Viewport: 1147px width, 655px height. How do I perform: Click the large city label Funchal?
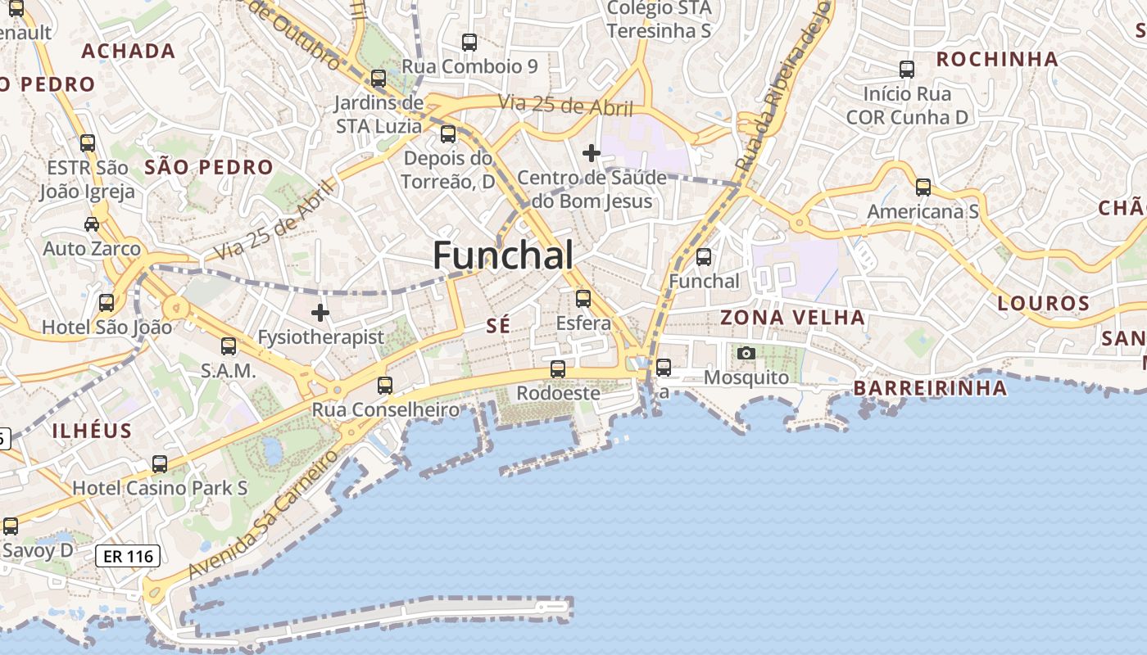click(x=503, y=255)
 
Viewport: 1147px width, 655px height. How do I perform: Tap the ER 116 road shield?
click(x=128, y=557)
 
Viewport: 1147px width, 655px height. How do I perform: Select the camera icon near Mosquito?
click(x=746, y=353)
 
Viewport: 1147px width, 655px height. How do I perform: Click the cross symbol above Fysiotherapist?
click(x=320, y=313)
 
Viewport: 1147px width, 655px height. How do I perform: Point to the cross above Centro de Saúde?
click(x=591, y=153)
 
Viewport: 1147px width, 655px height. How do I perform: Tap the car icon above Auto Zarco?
click(x=92, y=224)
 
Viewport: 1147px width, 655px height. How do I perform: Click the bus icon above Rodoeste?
click(x=558, y=369)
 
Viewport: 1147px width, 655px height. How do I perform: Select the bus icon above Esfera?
click(x=583, y=299)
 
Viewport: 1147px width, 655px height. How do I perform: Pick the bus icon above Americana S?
click(x=923, y=187)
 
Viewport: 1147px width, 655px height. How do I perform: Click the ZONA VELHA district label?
click(x=792, y=318)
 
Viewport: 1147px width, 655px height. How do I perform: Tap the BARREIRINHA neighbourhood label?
click(x=930, y=388)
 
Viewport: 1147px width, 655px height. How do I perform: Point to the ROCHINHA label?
click(x=997, y=59)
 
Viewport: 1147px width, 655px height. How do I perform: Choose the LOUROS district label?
click(x=1043, y=304)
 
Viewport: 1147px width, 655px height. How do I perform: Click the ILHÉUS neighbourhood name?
click(x=92, y=431)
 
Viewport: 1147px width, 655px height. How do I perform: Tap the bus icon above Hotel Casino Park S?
click(x=160, y=464)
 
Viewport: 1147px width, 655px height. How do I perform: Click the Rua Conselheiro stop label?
click(x=385, y=409)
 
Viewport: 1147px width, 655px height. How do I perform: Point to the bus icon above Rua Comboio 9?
click(x=469, y=43)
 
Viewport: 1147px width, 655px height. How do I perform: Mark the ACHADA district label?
click(x=129, y=51)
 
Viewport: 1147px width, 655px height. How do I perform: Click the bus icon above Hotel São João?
click(x=107, y=303)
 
